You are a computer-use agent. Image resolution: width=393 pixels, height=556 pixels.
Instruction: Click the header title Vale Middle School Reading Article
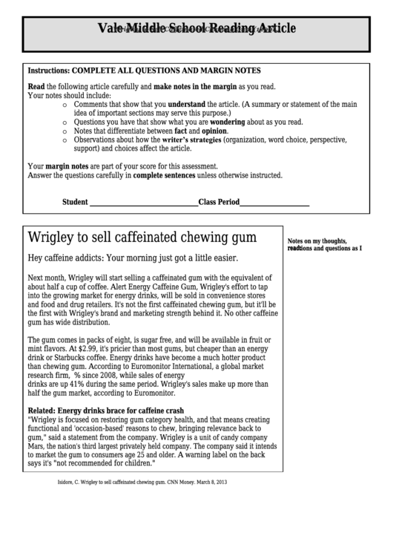(x=196, y=29)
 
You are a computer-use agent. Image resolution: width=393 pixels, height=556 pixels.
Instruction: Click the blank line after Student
(x=143, y=202)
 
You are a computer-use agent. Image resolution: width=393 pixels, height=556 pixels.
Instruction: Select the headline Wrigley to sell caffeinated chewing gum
(x=142, y=238)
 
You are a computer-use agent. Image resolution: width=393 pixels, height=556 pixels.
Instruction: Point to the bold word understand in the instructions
(x=192, y=105)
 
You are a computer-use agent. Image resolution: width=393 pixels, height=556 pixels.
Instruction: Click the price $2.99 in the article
(x=82, y=347)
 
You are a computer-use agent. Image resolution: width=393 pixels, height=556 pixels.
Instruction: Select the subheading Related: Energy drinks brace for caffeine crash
(x=106, y=411)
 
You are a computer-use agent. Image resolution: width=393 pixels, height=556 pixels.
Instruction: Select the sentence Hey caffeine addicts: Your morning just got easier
(x=133, y=259)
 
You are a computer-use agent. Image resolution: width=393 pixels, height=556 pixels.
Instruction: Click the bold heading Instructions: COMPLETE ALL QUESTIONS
(x=144, y=71)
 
